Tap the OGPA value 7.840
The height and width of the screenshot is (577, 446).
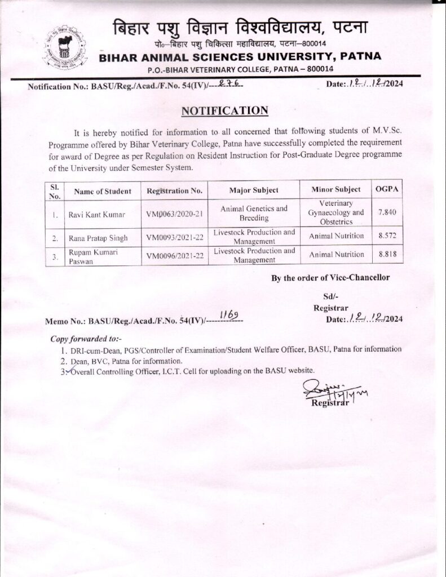(387, 214)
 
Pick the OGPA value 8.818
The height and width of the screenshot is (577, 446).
(387, 255)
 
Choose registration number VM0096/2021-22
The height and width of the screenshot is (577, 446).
(174, 255)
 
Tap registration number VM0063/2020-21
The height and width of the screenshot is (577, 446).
(174, 215)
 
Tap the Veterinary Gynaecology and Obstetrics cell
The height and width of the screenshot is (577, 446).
(335, 212)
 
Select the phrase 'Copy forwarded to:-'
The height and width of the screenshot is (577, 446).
(86, 339)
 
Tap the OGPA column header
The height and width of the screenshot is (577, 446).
(387, 189)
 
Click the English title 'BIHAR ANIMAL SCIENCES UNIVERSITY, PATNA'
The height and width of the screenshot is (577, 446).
(240, 56)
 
